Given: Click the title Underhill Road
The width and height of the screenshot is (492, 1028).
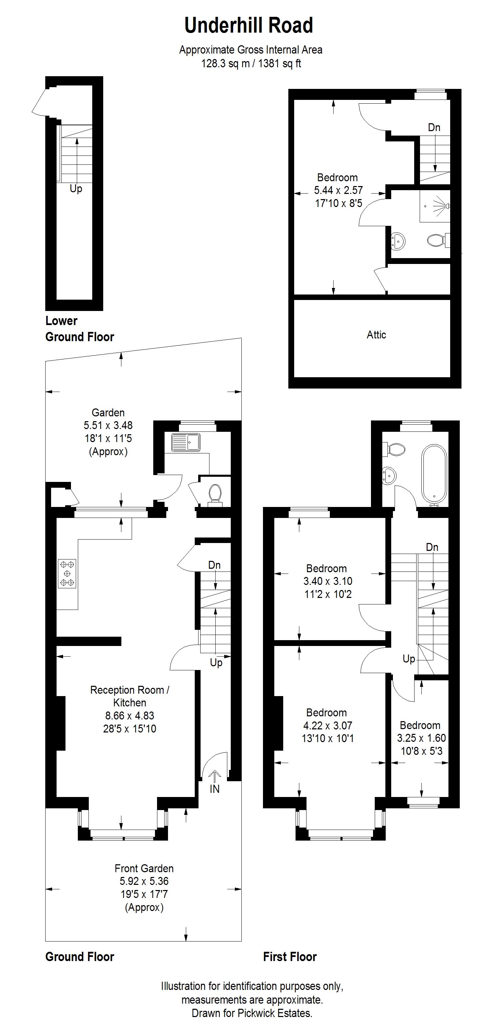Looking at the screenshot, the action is (248, 25).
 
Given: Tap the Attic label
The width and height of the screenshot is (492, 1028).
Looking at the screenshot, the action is (376, 334).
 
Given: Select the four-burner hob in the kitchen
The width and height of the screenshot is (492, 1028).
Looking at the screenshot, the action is (67, 574).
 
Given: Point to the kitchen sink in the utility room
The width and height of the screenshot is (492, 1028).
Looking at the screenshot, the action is (186, 442).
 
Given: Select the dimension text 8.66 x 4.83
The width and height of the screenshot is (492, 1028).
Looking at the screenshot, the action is (130, 716).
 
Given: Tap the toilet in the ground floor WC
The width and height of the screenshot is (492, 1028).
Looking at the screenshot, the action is (215, 494).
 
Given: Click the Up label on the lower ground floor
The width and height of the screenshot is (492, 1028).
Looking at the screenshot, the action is (76, 188).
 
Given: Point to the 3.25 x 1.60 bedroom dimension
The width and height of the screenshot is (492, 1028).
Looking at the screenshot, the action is (421, 738).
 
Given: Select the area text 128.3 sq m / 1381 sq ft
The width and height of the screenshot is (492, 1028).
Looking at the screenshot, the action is (251, 63).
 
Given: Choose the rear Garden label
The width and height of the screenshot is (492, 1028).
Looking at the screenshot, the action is (108, 413).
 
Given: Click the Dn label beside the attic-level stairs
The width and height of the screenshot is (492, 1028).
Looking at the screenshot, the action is (434, 127).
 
